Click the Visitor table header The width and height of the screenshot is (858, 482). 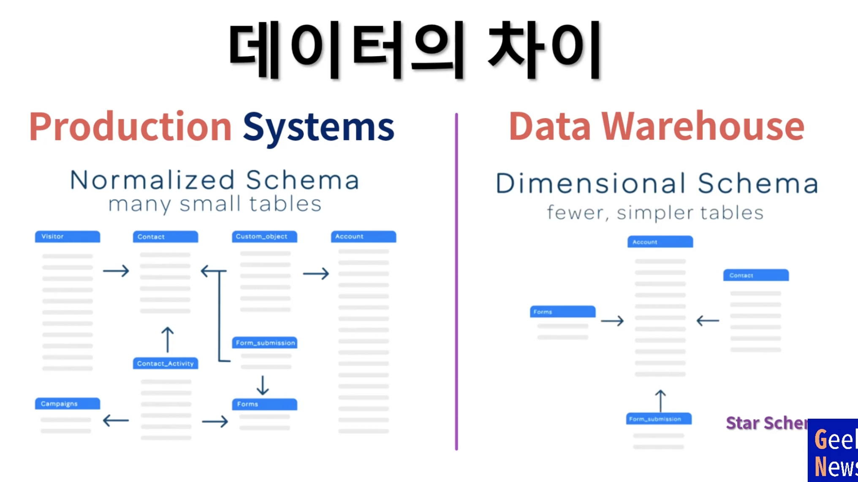pos(68,236)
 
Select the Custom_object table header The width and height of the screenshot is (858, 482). pos(264,236)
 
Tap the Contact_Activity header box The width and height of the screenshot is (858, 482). pos(166,363)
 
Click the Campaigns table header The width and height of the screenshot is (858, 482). pos(68,404)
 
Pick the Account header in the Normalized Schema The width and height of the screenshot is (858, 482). pos(364,236)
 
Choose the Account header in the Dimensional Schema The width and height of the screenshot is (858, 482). pos(660,242)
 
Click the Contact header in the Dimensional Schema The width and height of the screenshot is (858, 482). pos(756,275)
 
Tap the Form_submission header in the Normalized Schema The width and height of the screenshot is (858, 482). pos(265,343)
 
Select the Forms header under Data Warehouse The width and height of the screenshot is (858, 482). pos(562,312)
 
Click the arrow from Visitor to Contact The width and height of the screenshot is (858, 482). pos(116,271)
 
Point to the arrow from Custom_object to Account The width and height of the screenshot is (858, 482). pos(316,273)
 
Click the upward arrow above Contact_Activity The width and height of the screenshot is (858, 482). pos(168,340)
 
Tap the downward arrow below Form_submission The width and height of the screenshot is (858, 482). pos(263,385)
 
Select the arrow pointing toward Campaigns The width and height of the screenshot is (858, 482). pos(116,420)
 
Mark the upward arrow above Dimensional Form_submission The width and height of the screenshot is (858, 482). pos(660,400)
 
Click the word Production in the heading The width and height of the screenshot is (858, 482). pos(130,127)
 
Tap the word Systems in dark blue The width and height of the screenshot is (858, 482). pos(318,127)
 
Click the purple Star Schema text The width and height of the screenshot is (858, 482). pos(766,423)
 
